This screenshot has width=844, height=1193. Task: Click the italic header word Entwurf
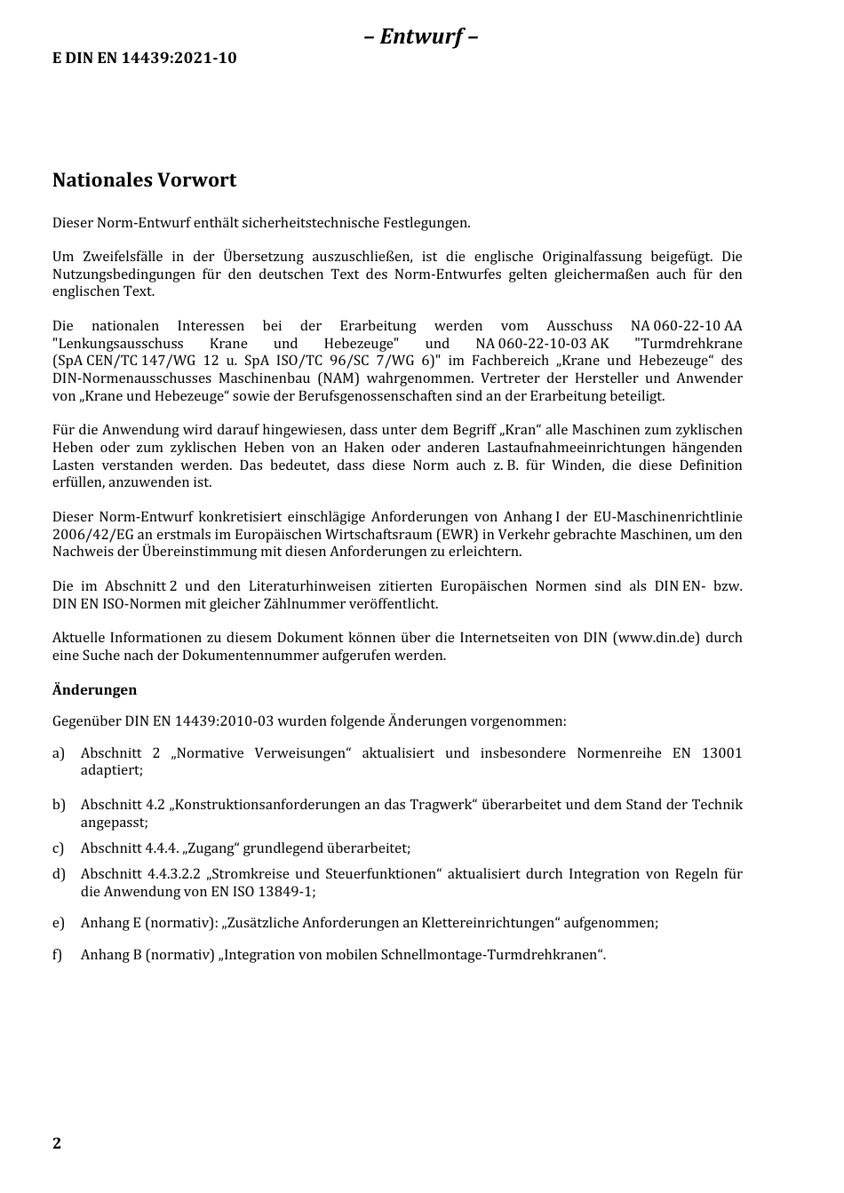(421, 36)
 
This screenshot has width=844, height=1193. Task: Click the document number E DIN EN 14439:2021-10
(145, 59)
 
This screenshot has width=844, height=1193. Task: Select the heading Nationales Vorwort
(144, 180)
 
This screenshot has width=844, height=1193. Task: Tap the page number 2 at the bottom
(57, 1143)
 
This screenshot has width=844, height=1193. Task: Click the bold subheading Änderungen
(94, 690)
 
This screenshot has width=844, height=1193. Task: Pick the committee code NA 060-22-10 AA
(686, 326)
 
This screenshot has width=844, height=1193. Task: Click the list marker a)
(59, 753)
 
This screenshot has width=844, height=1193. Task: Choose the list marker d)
(59, 874)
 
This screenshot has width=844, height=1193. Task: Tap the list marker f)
(58, 956)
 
